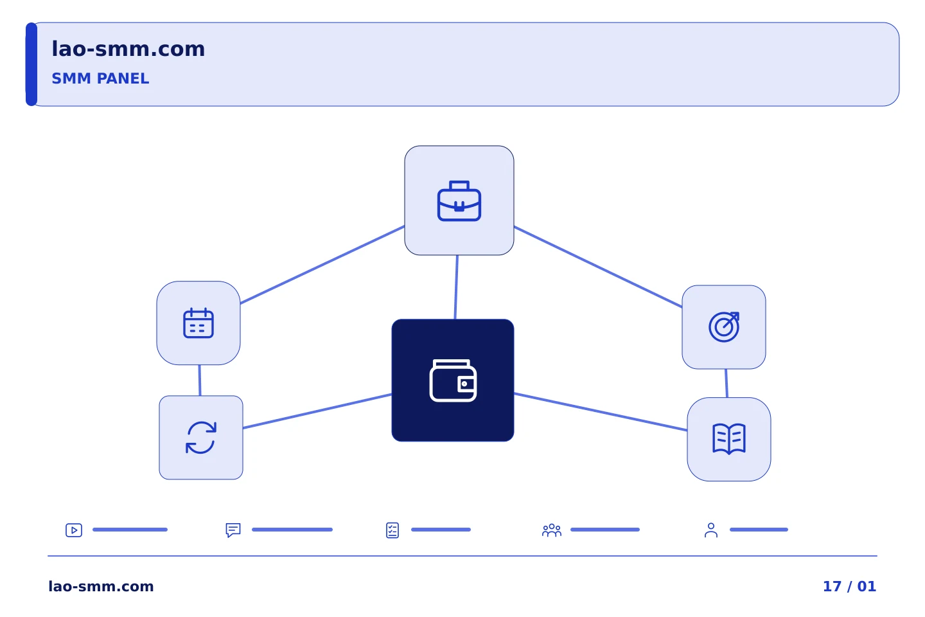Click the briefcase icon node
459,201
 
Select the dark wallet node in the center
453,380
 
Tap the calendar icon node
198,323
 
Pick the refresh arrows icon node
201,438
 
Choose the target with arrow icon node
724,327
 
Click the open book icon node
729,440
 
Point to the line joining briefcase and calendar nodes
322,265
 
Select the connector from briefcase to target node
598,267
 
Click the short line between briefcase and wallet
456,287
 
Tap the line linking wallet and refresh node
317,411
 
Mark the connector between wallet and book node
601,412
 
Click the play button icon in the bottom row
74,530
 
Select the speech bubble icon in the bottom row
233,530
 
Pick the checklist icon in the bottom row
392,530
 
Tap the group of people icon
552,530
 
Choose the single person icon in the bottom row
711,530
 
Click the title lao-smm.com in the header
128,49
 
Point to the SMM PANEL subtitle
100,78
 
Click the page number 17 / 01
849,586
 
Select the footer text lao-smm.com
101,586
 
